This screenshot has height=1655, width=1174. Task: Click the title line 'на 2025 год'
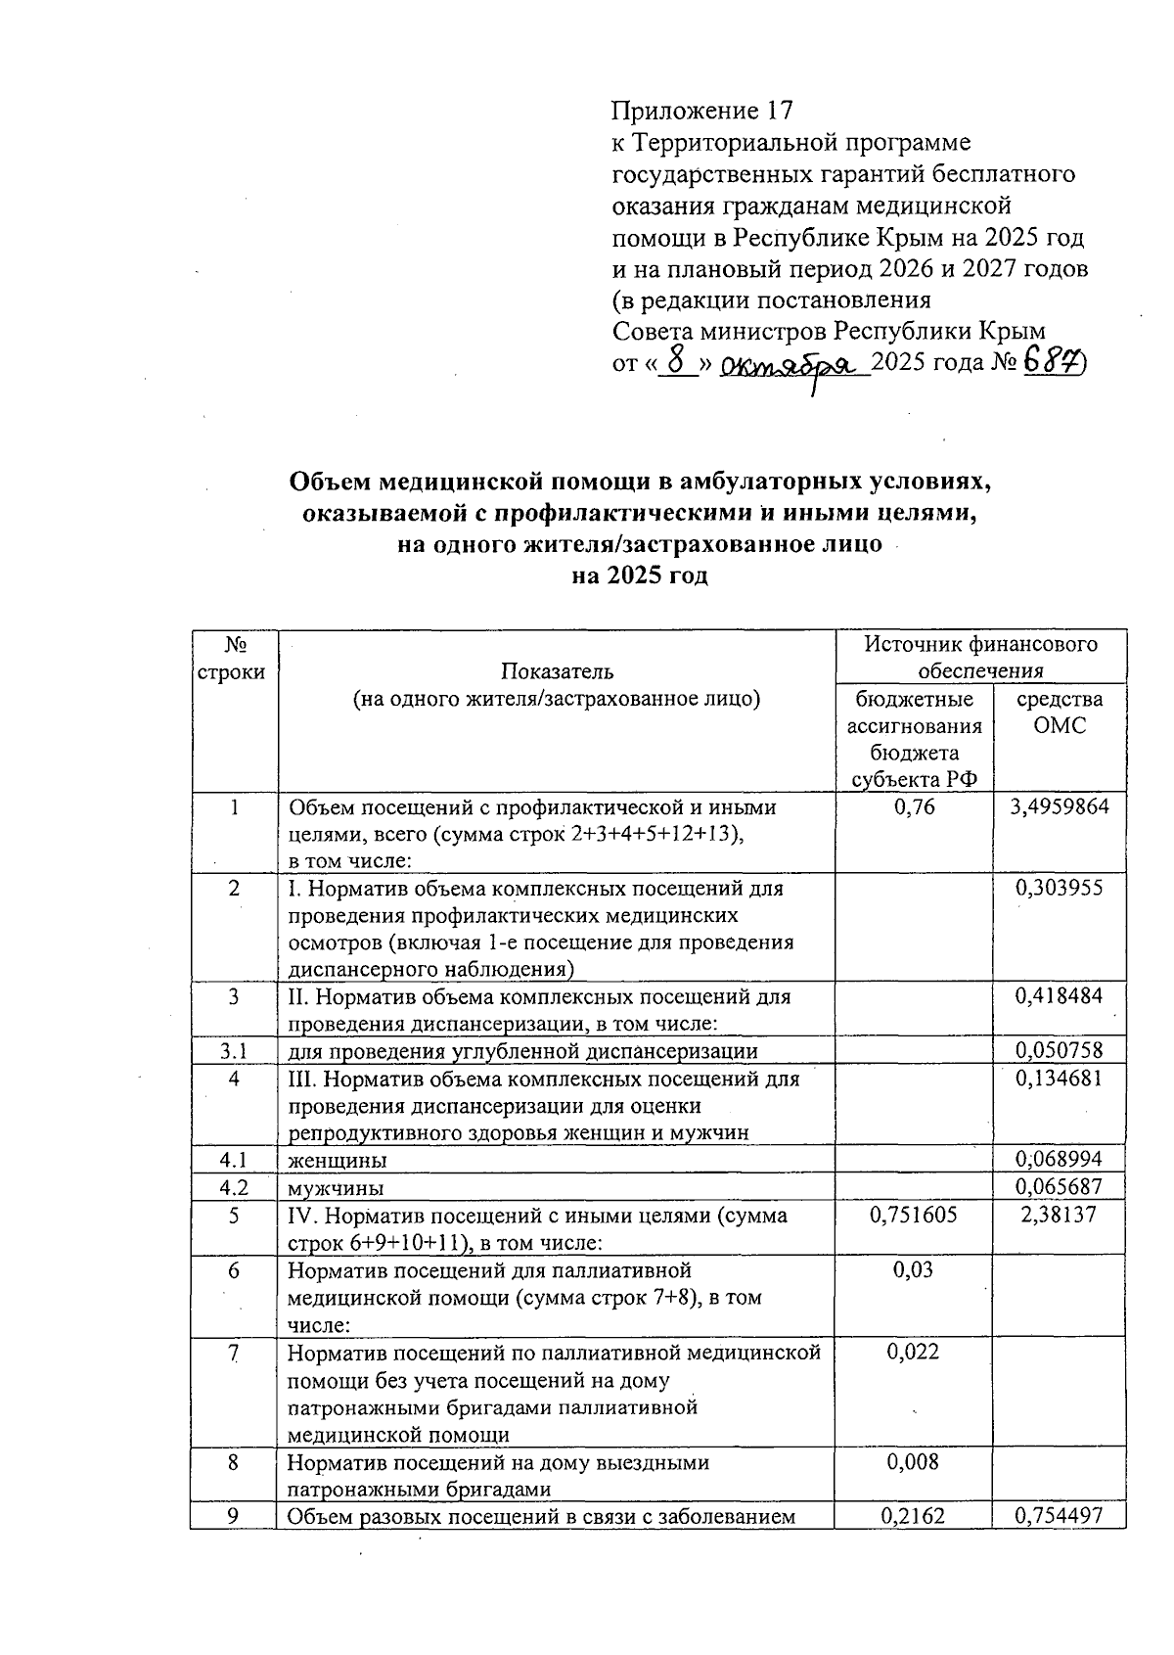tap(639, 575)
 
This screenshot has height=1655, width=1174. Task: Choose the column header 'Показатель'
tap(557, 670)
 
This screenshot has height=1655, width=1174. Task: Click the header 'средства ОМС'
tap(1060, 713)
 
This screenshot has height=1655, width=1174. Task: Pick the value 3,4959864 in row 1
tap(1060, 807)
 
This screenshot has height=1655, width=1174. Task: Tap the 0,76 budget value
tap(914, 807)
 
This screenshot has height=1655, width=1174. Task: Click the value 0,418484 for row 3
tap(1060, 996)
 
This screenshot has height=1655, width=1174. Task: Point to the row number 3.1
tap(233, 1051)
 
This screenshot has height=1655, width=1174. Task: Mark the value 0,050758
tap(1060, 1051)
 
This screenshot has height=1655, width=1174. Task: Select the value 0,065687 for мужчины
tap(1060, 1188)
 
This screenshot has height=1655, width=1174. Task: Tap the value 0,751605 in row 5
tap(914, 1216)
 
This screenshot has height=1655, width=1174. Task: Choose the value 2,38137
tap(1060, 1216)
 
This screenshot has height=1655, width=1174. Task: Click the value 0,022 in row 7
tap(914, 1353)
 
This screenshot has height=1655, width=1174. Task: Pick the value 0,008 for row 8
tap(914, 1462)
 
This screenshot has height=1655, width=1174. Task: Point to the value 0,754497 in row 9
tap(1060, 1516)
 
